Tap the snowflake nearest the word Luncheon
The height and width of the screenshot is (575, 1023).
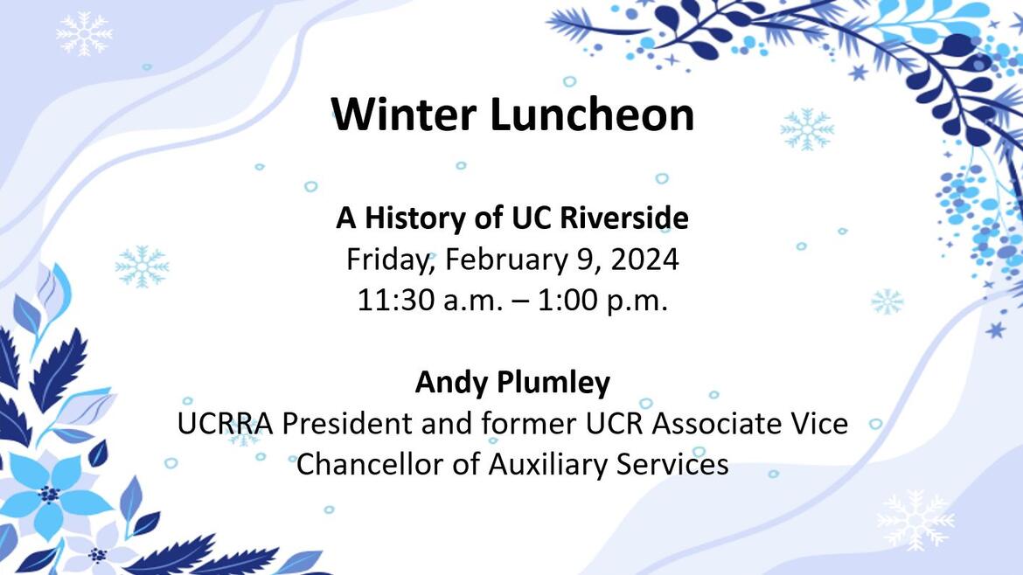pos(806,130)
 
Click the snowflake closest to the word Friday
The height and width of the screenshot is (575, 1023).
pos(142,266)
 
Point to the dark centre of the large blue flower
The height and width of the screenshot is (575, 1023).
pos(49,494)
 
